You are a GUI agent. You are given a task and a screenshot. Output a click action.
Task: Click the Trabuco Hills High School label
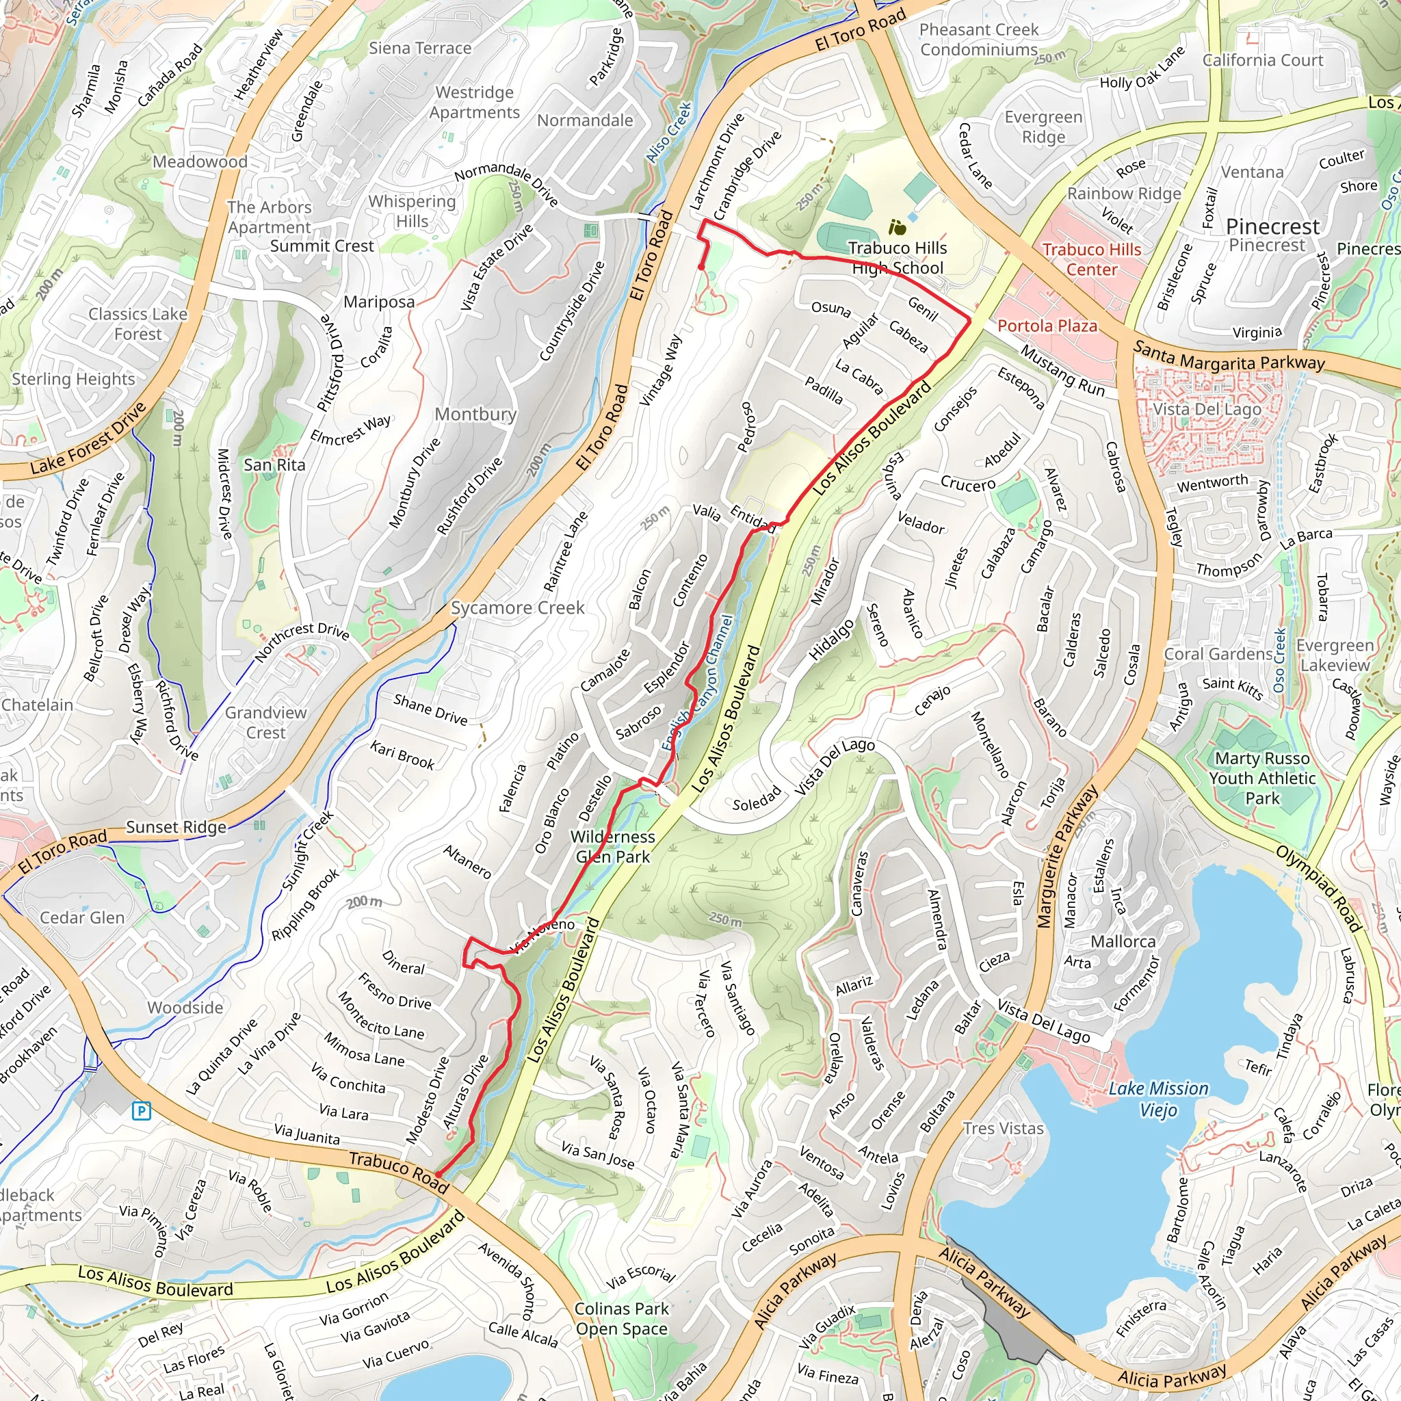[897, 257]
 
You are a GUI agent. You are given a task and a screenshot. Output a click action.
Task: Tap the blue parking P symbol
[142, 1110]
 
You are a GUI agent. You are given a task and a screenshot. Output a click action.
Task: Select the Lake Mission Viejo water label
[1158, 1099]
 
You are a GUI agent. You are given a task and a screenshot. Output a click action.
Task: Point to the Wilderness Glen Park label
[613, 846]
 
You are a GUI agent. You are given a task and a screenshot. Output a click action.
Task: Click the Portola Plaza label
[1047, 326]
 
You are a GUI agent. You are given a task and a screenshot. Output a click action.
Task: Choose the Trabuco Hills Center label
[1091, 259]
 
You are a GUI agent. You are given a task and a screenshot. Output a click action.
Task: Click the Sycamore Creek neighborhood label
[517, 607]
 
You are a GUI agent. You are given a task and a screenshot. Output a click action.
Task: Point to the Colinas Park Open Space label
[621, 1318]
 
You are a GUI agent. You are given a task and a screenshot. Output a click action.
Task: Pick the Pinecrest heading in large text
[1272, 226]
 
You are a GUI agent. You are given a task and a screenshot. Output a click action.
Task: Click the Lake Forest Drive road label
[88, 439]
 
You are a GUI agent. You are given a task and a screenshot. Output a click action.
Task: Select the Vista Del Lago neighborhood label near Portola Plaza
[1207, 409]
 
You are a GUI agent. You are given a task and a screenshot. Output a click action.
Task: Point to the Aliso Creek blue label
[668, 132]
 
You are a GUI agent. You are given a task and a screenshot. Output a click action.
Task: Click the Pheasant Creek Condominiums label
[979, 39]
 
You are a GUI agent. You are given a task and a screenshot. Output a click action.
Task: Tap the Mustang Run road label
[1062, 371]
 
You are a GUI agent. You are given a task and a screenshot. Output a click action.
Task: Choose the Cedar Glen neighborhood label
[82, 917]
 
